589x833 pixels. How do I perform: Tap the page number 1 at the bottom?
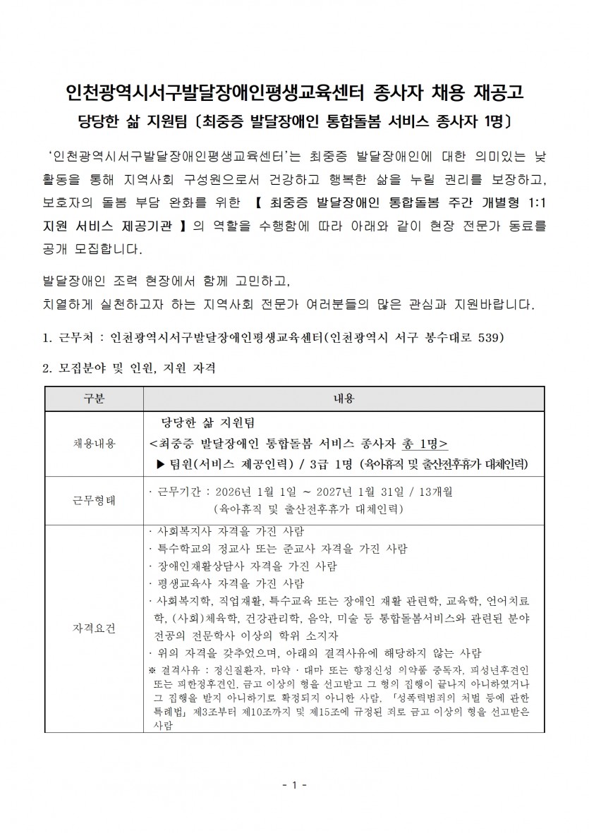294,784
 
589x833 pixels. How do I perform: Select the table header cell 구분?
95,399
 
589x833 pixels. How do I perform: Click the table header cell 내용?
343,399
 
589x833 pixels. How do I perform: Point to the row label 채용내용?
95,443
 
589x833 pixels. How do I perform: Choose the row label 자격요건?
95,628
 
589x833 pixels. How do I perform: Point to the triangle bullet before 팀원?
160,463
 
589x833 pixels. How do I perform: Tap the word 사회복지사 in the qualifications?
181,531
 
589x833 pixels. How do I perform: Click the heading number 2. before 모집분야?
47,368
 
